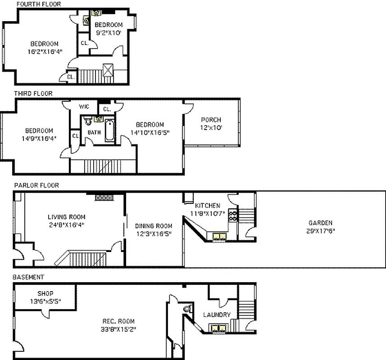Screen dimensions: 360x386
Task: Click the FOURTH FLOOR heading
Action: pos(38,4)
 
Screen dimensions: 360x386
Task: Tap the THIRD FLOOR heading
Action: pos(33,94)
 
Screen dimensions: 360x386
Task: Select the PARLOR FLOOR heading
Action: pos(36,185)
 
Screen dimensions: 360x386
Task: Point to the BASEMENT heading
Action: pos(28,277)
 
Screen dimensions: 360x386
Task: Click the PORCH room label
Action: pos(210,120)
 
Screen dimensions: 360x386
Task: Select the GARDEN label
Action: pos(320,223)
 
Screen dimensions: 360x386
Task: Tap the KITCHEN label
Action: pos(207,206)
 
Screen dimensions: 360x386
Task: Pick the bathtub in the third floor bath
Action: pos(110,130)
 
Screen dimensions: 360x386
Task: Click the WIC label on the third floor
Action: pos(84,107)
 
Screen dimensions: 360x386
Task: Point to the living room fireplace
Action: pos(104,196)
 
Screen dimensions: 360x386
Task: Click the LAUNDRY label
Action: pos(217,315)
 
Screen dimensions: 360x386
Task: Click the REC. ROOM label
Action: pos(118,321)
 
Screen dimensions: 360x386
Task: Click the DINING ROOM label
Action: pos(154,226)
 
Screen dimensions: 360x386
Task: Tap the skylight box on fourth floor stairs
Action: pos(108,70)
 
